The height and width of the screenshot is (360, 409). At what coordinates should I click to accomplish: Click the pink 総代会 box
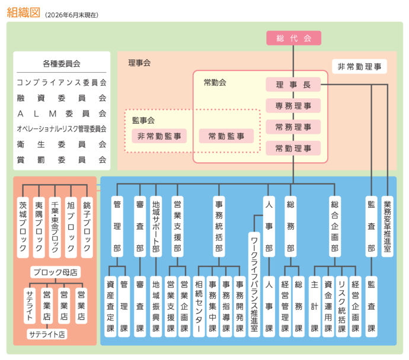pyautogui.click(x=293, y=38)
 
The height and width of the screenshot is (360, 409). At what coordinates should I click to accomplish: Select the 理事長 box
pyautogui.click(x=293, y=85)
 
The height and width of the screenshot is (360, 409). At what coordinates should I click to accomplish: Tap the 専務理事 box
pyautogui.click(x=293, y=106)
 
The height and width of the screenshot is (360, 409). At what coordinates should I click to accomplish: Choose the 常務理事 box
pyautogui.click(x=293, y=127)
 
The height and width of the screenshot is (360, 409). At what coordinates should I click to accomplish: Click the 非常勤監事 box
pyautogui.click(x=159, y=136)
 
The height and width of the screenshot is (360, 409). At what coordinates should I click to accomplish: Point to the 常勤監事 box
pyautogui.click(x=226, y=136)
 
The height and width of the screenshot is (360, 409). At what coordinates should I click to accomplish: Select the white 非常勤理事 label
pyautogui.click(x=359, y=67)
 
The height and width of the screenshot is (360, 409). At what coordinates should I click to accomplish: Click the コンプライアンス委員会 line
pyautogui.click(x=62, y=82)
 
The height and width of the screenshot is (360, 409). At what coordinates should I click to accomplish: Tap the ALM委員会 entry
pyautogui.click(x=62, y=114)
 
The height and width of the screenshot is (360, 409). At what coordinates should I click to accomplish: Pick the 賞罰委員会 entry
pyautogui.click(x=62, y=160)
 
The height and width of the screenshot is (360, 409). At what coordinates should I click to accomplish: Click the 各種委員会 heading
pyautogui.click(x=62, y=63)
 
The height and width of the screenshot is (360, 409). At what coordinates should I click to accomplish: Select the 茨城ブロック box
pyautogui.click(x=23, y=227)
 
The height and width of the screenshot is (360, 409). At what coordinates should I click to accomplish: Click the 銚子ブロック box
pyautogui.click(x=87, y=227)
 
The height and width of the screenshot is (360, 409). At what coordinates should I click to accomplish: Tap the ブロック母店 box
pyautogui.click(x=55, y=272)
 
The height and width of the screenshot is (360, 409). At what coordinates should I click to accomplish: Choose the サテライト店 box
pyautogui.click(x=47, y=334)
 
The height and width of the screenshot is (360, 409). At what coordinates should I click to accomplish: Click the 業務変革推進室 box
pyautogui.click(x=387, y=226)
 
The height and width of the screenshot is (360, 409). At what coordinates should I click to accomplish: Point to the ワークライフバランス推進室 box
pyautogui.click(x=254, y=284)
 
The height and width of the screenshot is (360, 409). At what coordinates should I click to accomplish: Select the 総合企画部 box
pyautogui.click(x=335, y=226)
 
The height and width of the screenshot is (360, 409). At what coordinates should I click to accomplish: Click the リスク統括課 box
pyautogui.click(x=341, y=307)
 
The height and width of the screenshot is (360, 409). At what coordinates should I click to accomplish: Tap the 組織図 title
pyautogui.click(x=24, y=12)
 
